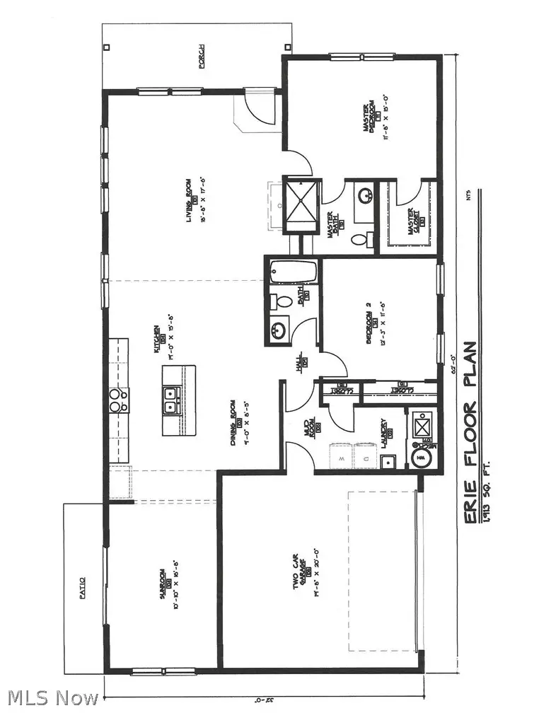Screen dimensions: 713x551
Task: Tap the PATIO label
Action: [x=82, y=589]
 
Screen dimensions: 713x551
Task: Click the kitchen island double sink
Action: [x=170, y=400]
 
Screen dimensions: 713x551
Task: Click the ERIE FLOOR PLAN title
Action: [x=470, y=433]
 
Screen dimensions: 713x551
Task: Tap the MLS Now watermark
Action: [x=50, y=698]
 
